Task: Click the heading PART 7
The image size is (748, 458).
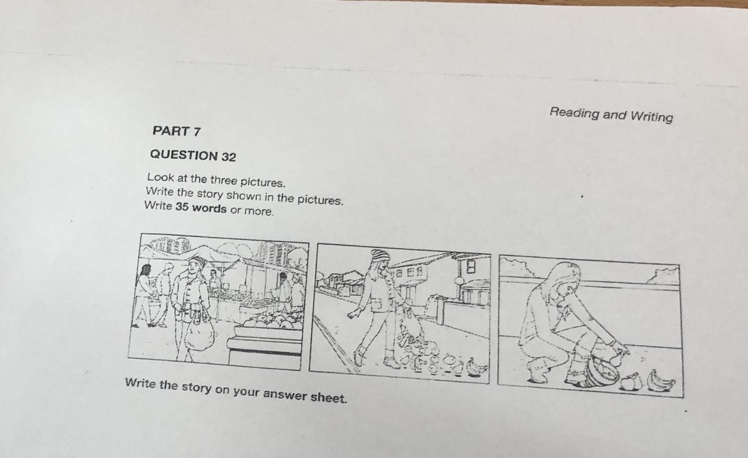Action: (x=177, y=131)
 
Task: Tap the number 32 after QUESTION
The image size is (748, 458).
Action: (x=228, y=157)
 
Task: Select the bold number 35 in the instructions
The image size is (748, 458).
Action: (x=182, y=207)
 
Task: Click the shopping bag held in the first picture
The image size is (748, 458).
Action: (x=199, y=335)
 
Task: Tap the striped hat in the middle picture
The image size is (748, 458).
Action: (x=380, y=255)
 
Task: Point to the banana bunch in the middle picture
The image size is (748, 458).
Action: (x=477, y=368)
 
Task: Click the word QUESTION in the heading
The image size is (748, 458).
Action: (x=184, y=155)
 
